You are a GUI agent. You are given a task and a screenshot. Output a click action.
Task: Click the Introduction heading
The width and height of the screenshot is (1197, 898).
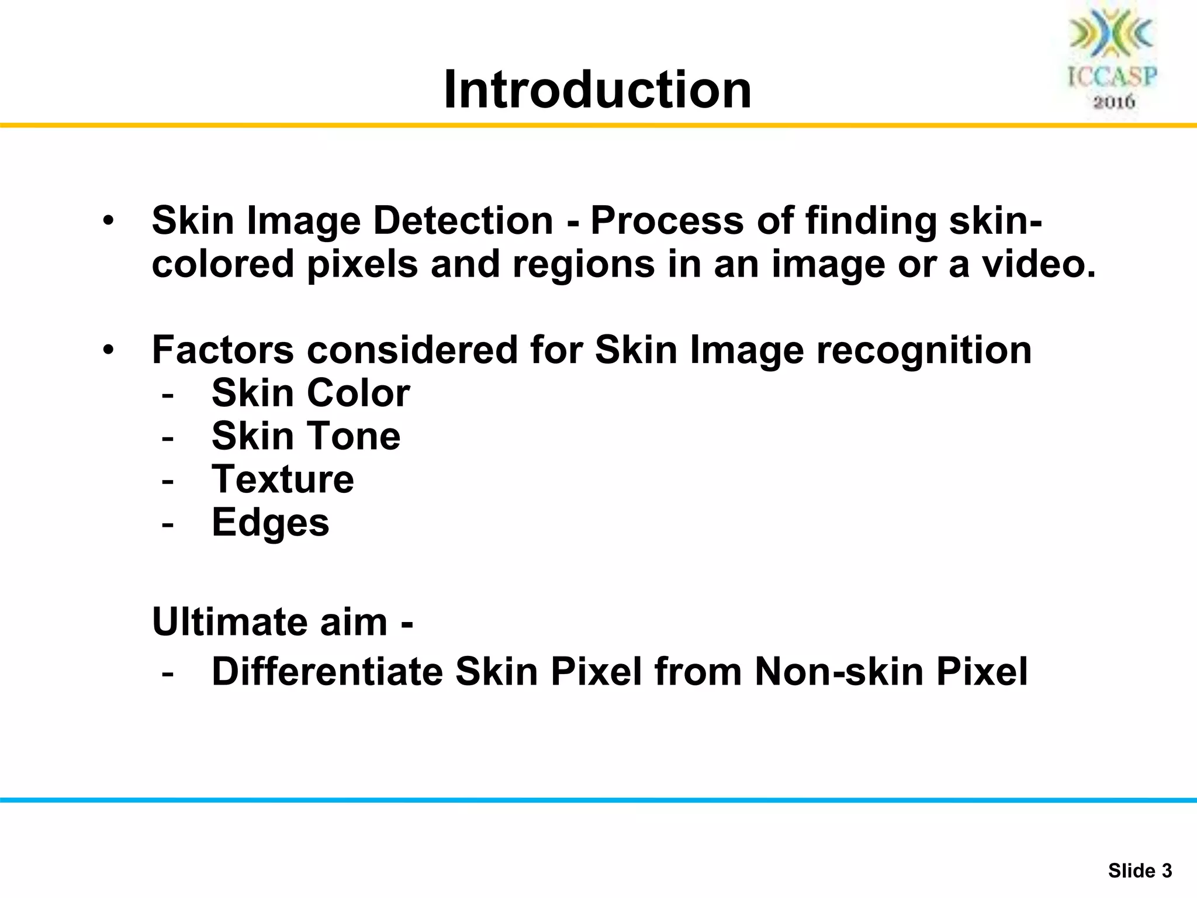597,89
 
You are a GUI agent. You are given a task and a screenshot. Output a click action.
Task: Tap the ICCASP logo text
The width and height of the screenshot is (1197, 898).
1112,77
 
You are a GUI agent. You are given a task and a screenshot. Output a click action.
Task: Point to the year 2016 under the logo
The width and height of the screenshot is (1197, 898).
1114,102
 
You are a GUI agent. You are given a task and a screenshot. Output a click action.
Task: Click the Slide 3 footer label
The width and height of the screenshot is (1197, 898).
1140,871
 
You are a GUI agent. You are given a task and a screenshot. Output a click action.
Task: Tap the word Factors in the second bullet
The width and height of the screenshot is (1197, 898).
223,350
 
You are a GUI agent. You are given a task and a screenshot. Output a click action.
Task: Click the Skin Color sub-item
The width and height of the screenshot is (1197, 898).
310,393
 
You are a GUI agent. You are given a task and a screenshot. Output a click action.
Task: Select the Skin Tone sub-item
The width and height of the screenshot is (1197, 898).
306,436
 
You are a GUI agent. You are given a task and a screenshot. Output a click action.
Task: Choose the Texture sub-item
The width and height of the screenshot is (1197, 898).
282,479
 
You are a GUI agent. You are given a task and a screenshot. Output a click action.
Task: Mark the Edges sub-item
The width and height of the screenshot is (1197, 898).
270,523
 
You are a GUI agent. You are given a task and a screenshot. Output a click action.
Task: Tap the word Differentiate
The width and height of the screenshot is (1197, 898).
327,671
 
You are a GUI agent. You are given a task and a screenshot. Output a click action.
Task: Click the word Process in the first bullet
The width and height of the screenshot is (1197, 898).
666,221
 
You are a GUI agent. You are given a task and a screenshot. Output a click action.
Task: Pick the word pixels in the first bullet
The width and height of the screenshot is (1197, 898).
362,264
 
